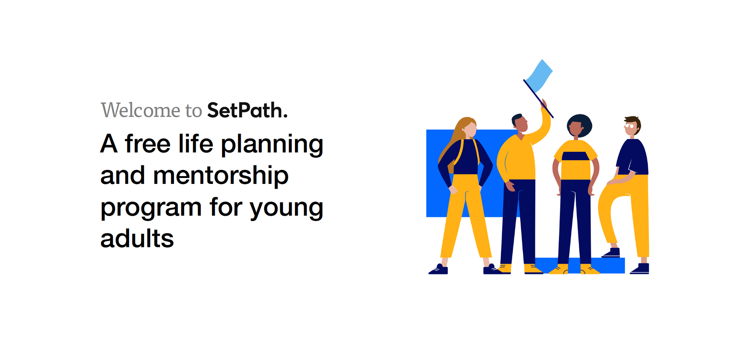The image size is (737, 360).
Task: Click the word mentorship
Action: pos(220,175)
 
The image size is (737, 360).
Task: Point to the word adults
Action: pos(137,238)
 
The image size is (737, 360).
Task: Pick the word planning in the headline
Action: pos(272,144)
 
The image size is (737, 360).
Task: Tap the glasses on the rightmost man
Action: pos(629,126)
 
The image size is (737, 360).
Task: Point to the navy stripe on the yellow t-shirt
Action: pos(575,156)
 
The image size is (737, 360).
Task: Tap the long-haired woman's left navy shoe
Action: pos(438,270)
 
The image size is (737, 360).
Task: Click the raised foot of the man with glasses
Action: pos(611,253)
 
